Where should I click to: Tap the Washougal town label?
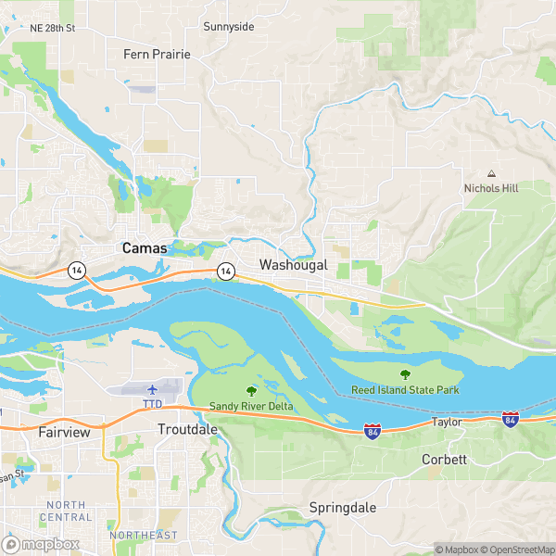(x=294, y=265)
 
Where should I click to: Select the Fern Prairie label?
(x=157, y=55)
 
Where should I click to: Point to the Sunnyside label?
(x=228, y=27)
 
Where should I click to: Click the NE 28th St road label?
(x=52, y=29)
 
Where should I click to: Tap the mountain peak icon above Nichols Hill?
(x=491, y=173)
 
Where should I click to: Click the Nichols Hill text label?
(x=491, y=188)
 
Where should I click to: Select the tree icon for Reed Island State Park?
(x=404, y=374)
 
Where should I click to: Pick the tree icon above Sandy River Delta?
(x=249, y=390)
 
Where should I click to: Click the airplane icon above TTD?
(x=152, y=389)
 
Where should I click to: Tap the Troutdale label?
(x=187, y=430)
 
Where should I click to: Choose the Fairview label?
(x=63, y=432)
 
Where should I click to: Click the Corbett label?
(x=444, y=460)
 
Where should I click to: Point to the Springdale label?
(x=343, y=508)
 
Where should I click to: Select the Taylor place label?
(x=446, y=422)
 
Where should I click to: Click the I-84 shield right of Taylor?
(x=510, y=420)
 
